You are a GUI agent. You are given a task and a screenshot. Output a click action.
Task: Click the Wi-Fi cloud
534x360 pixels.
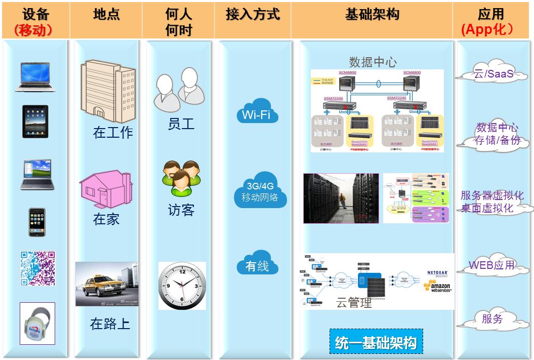[x=257, y=113]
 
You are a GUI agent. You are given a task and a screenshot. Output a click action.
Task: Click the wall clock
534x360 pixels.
[x=182, y=286]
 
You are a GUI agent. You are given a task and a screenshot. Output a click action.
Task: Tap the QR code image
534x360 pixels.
[x=37, y=268]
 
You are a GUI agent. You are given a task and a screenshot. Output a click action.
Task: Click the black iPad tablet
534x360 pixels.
[x=35, y=122]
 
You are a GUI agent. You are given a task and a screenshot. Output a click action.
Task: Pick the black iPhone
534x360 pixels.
[x=36, y=222]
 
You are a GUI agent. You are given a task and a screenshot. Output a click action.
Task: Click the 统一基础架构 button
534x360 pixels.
[x=376, y=343]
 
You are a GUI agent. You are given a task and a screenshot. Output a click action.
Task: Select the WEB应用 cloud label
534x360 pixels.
[x=491, y=265]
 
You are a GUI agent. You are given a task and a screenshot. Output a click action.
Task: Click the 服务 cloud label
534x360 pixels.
[x=492, y=319]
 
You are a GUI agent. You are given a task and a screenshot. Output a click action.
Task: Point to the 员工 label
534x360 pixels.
[x=181, y=124]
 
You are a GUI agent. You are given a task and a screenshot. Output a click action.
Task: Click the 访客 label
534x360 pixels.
[x=181, y=210]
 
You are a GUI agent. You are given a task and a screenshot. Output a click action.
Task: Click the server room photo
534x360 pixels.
[x=341, y=198]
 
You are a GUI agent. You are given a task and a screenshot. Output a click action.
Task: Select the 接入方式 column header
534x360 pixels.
[x=253, y=15]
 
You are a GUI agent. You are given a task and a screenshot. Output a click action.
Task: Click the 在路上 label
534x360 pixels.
[x=110, y=324]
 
